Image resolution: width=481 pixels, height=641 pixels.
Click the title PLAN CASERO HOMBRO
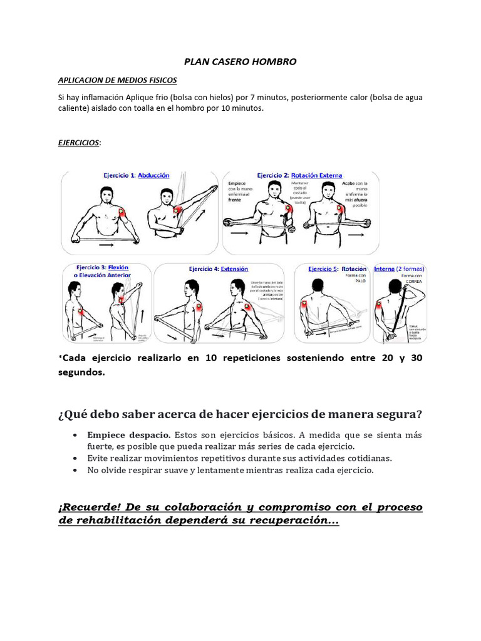coord(240,62)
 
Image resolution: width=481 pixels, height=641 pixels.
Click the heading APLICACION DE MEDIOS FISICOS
coord(117,81)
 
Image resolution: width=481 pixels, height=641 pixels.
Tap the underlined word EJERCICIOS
coord(78,143)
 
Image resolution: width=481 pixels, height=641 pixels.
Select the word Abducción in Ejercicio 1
coord(153,176)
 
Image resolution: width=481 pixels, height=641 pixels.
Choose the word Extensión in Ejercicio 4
coord(234,269)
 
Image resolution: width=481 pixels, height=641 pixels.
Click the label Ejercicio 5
coord(323,269)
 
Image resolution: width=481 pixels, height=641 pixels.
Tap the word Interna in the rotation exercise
coord(384,269)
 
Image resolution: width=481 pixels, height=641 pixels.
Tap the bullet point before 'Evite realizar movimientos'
coord(75,458)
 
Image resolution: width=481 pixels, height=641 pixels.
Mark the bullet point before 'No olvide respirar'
coord(75,470)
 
